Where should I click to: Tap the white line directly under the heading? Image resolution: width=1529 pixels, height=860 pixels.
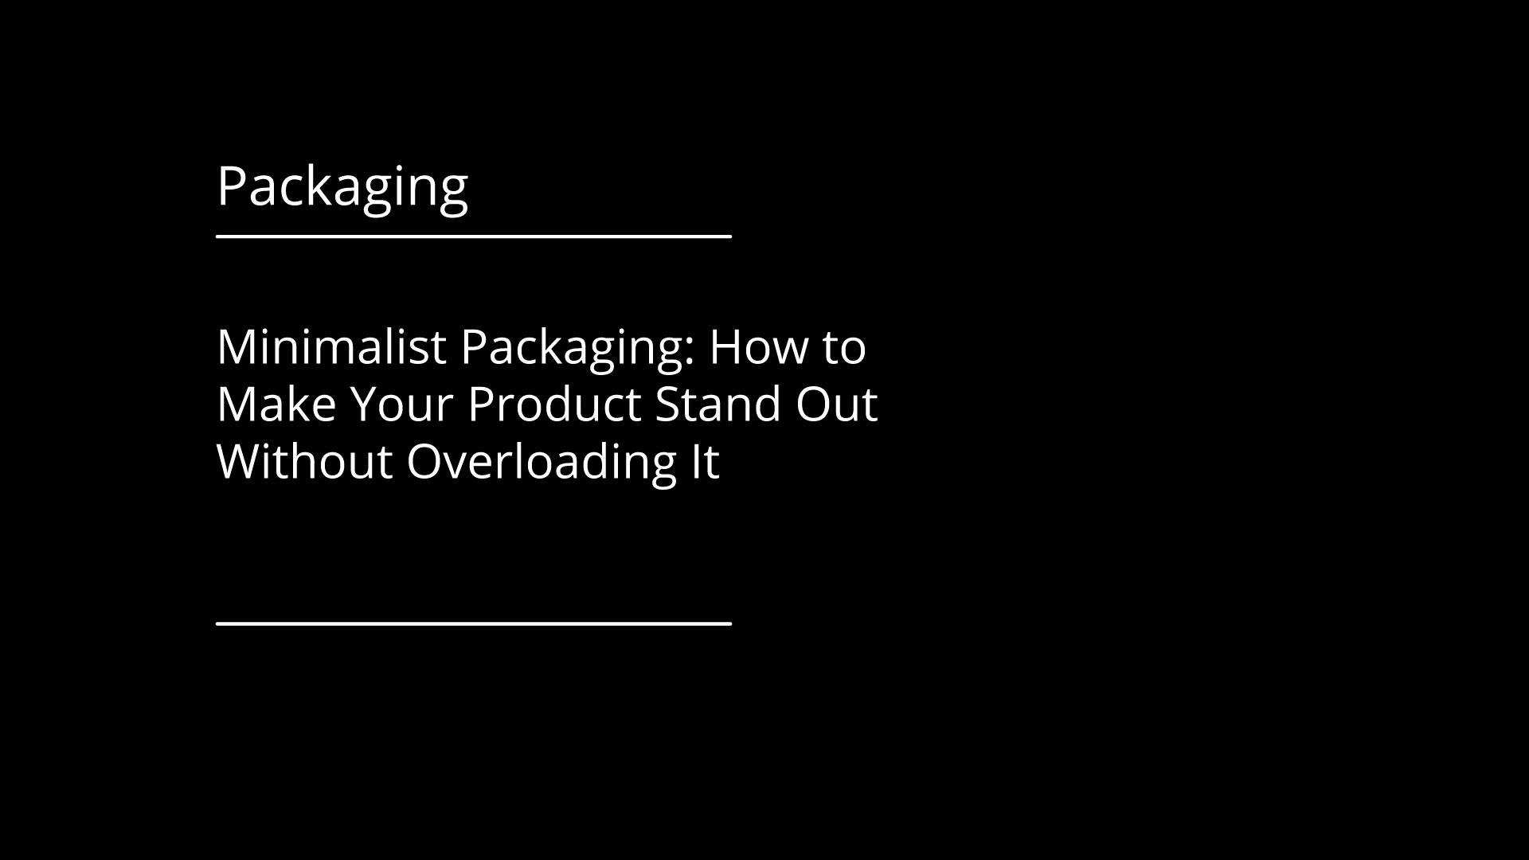click(x=474, y=236)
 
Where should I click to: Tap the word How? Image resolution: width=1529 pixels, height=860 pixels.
click(x=758, y=347)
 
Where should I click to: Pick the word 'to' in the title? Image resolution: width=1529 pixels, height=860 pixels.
click(x=843, y=350)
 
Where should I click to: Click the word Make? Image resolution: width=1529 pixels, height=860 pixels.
click(x=277, y=405)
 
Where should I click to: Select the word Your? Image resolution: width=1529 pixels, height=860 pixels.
click(x=401, y=405)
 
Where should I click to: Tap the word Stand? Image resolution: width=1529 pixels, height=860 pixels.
click(x=718, y=405)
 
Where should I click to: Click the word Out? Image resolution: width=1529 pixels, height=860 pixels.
click(x=836, y=405)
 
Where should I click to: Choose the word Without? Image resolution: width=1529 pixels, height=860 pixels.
click(x=305, y=462)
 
